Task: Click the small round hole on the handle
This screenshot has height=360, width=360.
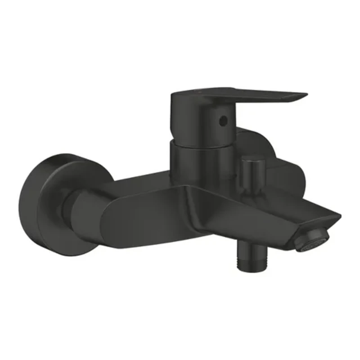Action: tap(221, 121)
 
